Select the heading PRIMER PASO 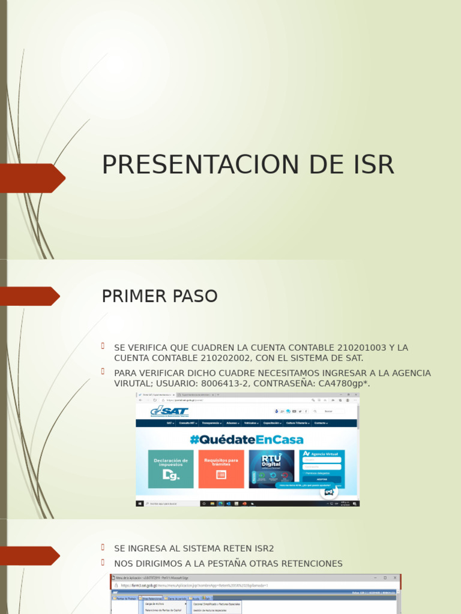coord(160,296)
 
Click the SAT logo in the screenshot coord(169,412)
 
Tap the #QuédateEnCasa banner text coord(247,440)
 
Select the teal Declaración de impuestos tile coord(171,468)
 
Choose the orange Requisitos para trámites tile coord(221,468)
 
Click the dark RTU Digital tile coord(271,468)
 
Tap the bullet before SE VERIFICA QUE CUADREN coord(103,347)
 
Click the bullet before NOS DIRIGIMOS coord(103,562)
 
